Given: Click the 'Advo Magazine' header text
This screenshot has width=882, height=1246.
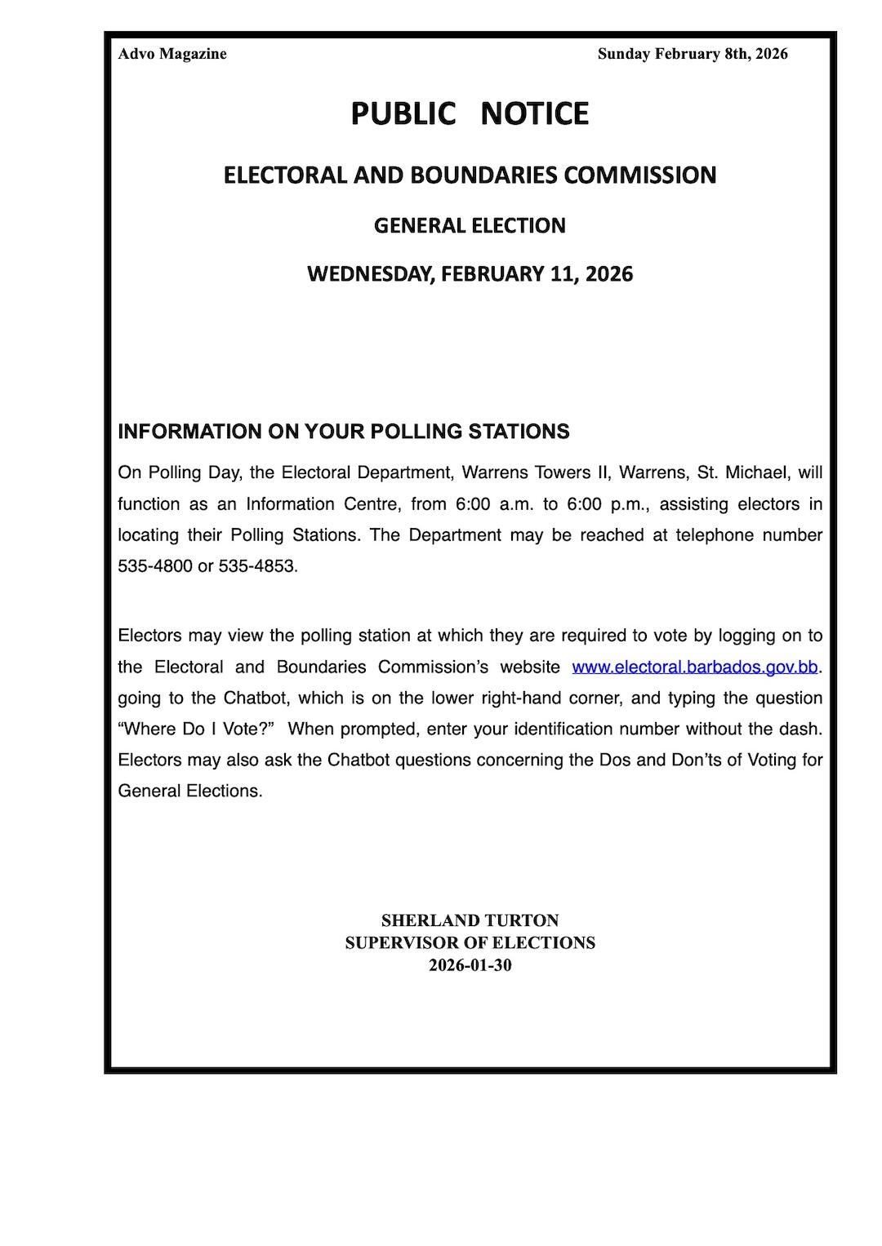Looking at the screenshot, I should click(x=172, y=54).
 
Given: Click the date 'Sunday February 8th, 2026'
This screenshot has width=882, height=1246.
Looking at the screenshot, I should click(x=693, y=54).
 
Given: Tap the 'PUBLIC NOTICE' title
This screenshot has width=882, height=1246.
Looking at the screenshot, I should click(x=470, y=113).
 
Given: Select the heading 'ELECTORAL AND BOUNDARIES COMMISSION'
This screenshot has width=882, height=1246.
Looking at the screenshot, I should click(x=470, y=175).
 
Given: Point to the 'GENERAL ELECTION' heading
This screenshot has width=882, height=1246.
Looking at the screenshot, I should click(x=470, y=225).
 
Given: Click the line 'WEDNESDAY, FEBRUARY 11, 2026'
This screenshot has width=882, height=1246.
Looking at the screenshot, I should click(x=470, y=273).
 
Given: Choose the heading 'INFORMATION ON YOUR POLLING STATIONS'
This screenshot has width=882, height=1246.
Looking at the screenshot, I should click(x=344, y=432).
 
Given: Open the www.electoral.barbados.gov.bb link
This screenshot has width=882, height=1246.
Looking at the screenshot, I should click(x=695, y=667).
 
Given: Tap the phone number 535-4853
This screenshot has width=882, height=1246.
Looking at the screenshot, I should click(x=257, y=566).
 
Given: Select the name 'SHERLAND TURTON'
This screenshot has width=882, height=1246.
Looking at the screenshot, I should click(x=470, y=920).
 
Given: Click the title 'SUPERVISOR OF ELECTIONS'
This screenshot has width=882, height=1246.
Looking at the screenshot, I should click(x=470, y=942).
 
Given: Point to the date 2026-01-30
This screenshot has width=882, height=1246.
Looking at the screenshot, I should click(x=470, y=965).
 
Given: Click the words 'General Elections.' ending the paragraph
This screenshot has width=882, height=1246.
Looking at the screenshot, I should click(x=190, y=791).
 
